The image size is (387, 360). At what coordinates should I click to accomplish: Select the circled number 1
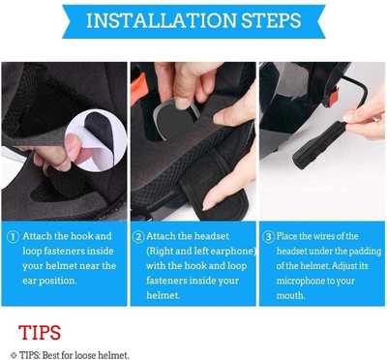[x=13, y=236]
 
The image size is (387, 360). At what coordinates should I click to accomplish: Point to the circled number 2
[x=139, y=236]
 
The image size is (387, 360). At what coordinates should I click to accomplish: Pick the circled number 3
[x=268, y=236]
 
